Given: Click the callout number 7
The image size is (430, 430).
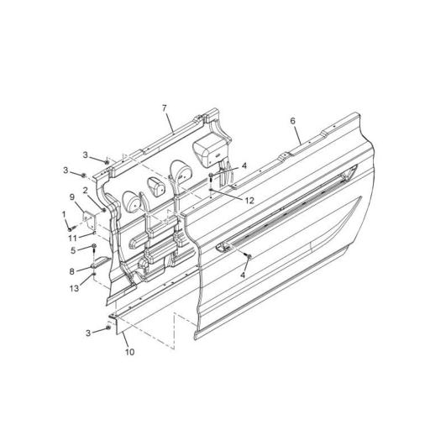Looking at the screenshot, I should pyautogui.click(x=165, y=109).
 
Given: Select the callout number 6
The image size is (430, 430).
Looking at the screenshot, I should pyautogui.click(x=293, y=121).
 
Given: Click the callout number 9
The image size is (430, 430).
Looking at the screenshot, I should pyautogui.click(x=72, y=197).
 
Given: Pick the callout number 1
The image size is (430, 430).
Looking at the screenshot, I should pyautogui.click(x=63, y=215).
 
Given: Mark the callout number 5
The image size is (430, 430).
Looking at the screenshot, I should pyautogui.click(x=72, y=250).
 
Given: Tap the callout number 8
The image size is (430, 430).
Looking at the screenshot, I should pyautogui.click(x=72, y=271).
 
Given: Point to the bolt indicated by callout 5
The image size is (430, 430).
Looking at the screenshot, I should pyautogui.click(x=92, y=249).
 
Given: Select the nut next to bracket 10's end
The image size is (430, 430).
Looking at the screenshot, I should pyautogui.click(x=107, y=328).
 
